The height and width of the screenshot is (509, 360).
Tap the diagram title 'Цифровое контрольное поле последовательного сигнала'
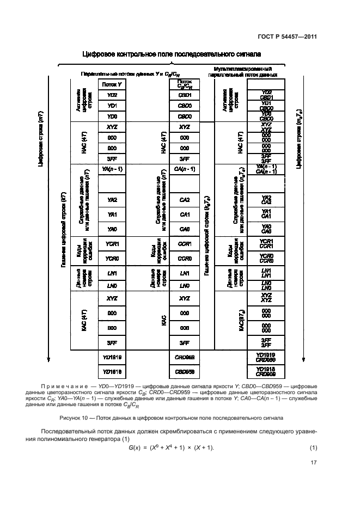tap(171, 54)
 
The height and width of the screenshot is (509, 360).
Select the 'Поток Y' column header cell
tap(112, 84)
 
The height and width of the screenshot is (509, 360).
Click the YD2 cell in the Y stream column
tap(112, 95)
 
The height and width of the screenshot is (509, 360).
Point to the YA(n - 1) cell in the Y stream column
tap(112, 169)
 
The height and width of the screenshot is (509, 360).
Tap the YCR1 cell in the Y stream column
tap(112, 243)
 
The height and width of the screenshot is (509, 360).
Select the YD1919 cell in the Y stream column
tap(112, 357)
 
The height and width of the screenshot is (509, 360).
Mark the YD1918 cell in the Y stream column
tap(112, 371)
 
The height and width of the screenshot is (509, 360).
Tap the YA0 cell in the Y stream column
tap(112, 229)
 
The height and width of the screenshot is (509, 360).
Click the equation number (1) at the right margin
tap(313, 447)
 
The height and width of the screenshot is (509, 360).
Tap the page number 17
tap(313, 464)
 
